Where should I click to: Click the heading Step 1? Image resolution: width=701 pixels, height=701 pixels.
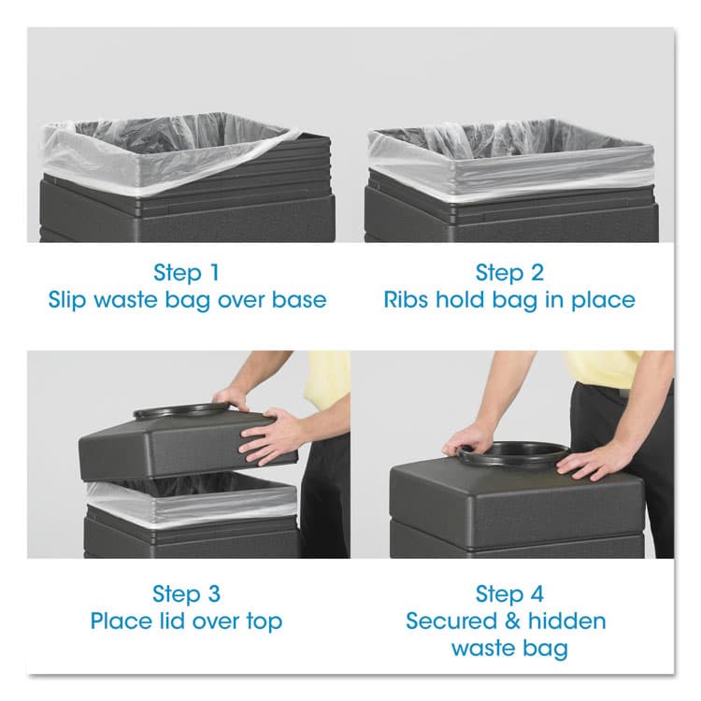point(188,273)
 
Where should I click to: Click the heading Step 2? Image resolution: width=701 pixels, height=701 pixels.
point(509,273)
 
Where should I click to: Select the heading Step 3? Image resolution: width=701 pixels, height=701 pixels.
point(188,594)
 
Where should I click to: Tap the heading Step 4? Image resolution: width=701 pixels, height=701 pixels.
point(509,594)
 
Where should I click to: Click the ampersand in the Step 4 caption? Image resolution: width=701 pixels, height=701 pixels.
point(508,621)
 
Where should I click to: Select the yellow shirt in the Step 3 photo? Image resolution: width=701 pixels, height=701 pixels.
point(329,379)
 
